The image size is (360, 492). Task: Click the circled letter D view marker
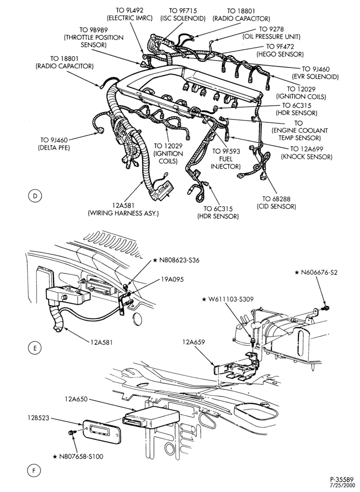(x=34, y=196)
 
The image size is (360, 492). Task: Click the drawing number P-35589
(x=341, y=479)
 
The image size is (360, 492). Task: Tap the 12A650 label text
(x=76, y=400)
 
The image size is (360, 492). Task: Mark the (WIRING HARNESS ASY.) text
(x=123, y=214)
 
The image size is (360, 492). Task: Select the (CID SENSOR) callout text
(x=276, y=207)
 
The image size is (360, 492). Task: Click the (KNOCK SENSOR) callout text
(x=307, y=156)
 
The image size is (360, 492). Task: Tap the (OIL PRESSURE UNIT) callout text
(x=271, y=37)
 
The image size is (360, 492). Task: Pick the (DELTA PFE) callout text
(x=55, y=147)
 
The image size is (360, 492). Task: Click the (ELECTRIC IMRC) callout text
(x=129, y=18)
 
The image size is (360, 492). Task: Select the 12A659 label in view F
(x=193, y=342)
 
